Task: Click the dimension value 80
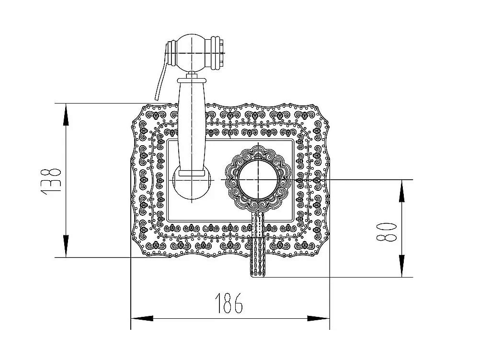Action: pos(388,231)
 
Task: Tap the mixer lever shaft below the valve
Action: pos(258,240)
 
